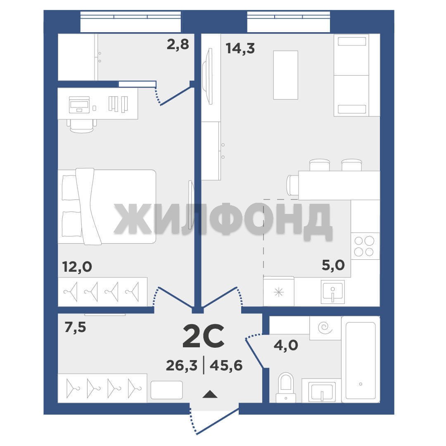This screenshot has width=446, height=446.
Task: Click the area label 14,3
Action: click(240, 48)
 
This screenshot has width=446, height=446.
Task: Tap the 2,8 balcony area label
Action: click(178, 44)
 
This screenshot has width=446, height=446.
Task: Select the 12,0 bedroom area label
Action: click(77, 267)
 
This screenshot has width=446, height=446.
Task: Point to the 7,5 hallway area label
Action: click(75, 327)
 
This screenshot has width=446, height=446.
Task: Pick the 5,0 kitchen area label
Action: click(333, 265)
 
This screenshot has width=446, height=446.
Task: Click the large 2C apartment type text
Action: click(203, 337)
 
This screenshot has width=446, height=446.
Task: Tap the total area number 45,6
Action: click(226, 365)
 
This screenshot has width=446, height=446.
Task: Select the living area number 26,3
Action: click(181, 365)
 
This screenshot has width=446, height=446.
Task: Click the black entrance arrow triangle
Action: click(210, 394)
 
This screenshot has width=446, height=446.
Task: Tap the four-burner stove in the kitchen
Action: click(365, 246)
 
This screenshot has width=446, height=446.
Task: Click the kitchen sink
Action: click(333, 292)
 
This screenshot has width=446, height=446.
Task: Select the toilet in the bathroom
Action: click(286, 388)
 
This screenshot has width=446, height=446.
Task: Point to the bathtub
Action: click(361, 359)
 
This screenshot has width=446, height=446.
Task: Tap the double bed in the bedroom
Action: click(107, 206)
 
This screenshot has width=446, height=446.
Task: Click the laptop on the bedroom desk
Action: click(79, 104)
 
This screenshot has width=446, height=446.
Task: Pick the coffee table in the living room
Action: click(286, 75)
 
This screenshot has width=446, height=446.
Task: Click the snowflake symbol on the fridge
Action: click(279, 292)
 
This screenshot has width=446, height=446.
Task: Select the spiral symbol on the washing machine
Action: click(325, 327)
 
